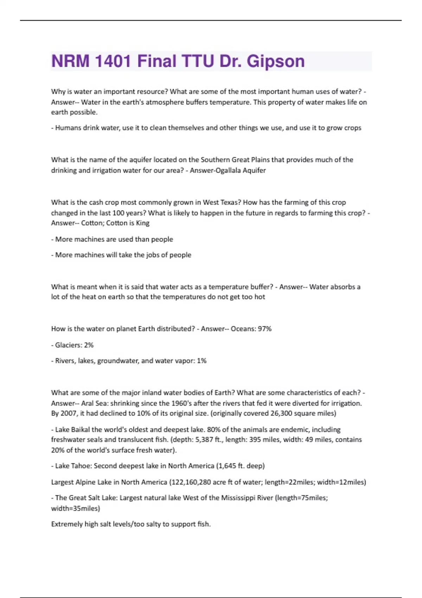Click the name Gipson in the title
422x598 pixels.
pyautogui.click(x=275, y=61)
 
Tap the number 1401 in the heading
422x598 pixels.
pyautogui.click(x=113, y=61)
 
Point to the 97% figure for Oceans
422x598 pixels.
pyautogui.click(x=265, y=329)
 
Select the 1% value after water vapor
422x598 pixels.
pyautogui.click(x=202, y=361)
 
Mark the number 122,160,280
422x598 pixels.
pyautogui.click(x=191, y=482)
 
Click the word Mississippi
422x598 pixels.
pyautogui.click(x=238, y=498)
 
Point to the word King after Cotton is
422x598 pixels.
pyautogui.click(x=143, y=223)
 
